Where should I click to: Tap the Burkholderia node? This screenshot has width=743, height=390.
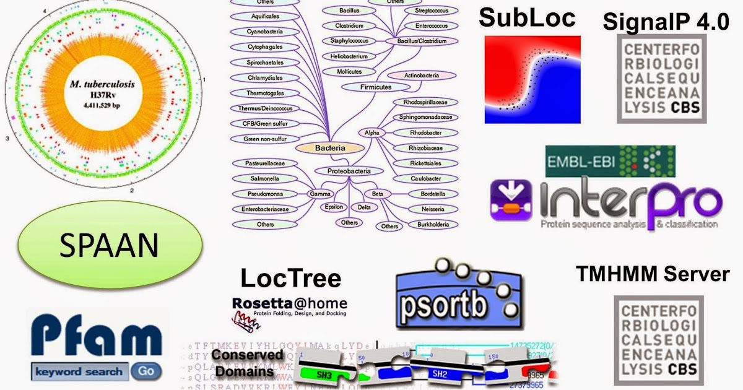[x=433, y=225]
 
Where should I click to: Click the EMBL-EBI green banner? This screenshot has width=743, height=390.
[x=610, y=162]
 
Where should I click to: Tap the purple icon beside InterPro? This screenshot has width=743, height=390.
[x=511, y=201]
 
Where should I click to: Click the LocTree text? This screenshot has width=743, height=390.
[x=290, y=278]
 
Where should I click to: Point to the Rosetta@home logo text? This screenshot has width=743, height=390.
[x=290, y=304]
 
